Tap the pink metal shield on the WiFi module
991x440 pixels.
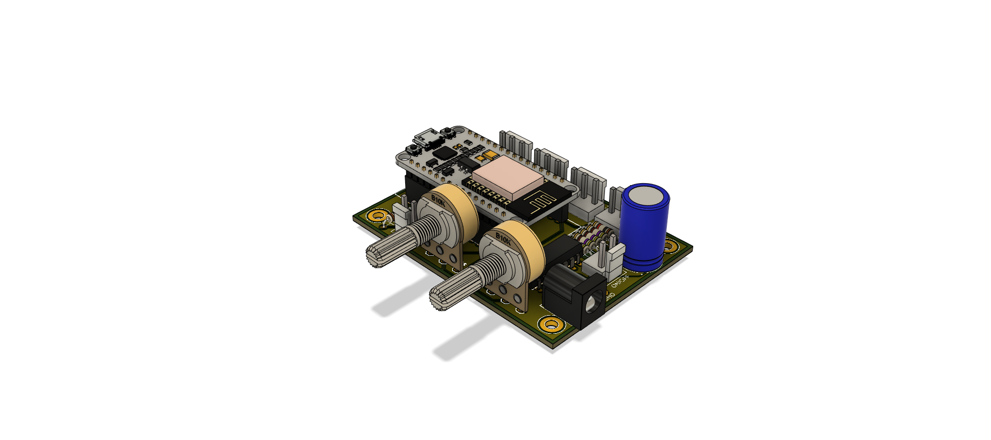(508, 178)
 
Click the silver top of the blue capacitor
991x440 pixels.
(645, 195)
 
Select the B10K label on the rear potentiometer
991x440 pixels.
(438, 200)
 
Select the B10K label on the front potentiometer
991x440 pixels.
(503, 238)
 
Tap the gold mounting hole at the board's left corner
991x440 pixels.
(378, 216)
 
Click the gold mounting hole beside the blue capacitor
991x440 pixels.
(669, 246)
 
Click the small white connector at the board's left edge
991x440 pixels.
(402, 213)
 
